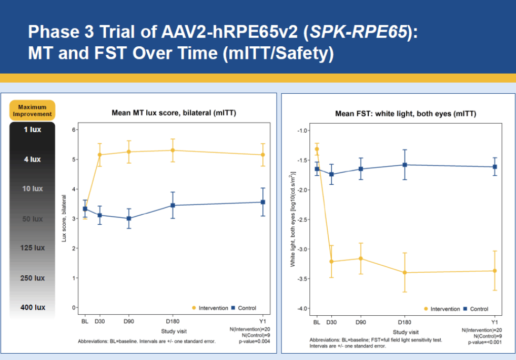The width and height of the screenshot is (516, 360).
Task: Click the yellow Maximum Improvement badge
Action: coord(32,110)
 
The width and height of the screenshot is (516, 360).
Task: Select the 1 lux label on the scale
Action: coord(32,129)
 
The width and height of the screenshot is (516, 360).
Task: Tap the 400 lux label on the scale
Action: coord(32,307)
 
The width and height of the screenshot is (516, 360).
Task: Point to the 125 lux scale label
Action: coord(32,248)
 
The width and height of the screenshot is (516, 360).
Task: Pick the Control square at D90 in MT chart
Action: coord(129,218)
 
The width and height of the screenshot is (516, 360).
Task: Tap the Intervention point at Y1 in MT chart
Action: coord(263,155)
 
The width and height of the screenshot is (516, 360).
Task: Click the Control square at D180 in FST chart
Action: coord(405,165)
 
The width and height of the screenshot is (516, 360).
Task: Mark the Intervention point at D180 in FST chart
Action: coord(405,273)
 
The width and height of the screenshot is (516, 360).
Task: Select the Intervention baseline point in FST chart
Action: coord(317,149)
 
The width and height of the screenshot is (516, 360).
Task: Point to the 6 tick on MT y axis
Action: coord(75,129)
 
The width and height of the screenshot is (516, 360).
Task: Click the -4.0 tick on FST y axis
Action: coord(302,308)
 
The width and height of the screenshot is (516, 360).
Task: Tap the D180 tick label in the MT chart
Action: coord(171,321)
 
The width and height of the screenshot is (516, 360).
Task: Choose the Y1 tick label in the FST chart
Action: coord(494,322)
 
